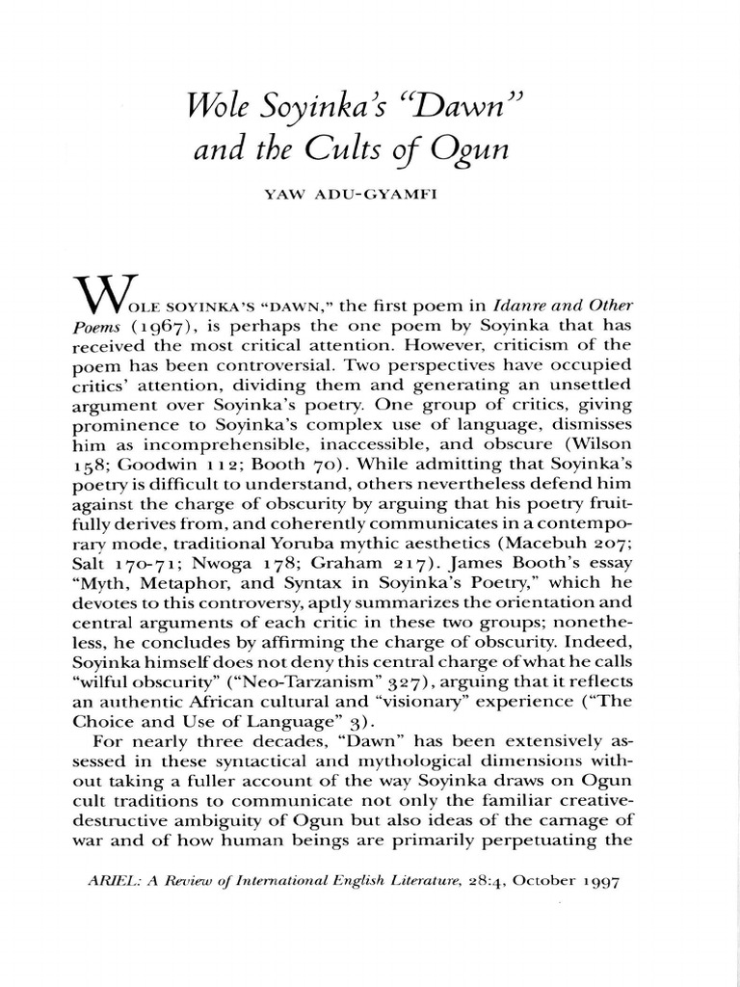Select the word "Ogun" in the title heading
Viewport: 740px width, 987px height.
tap(477, 151)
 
